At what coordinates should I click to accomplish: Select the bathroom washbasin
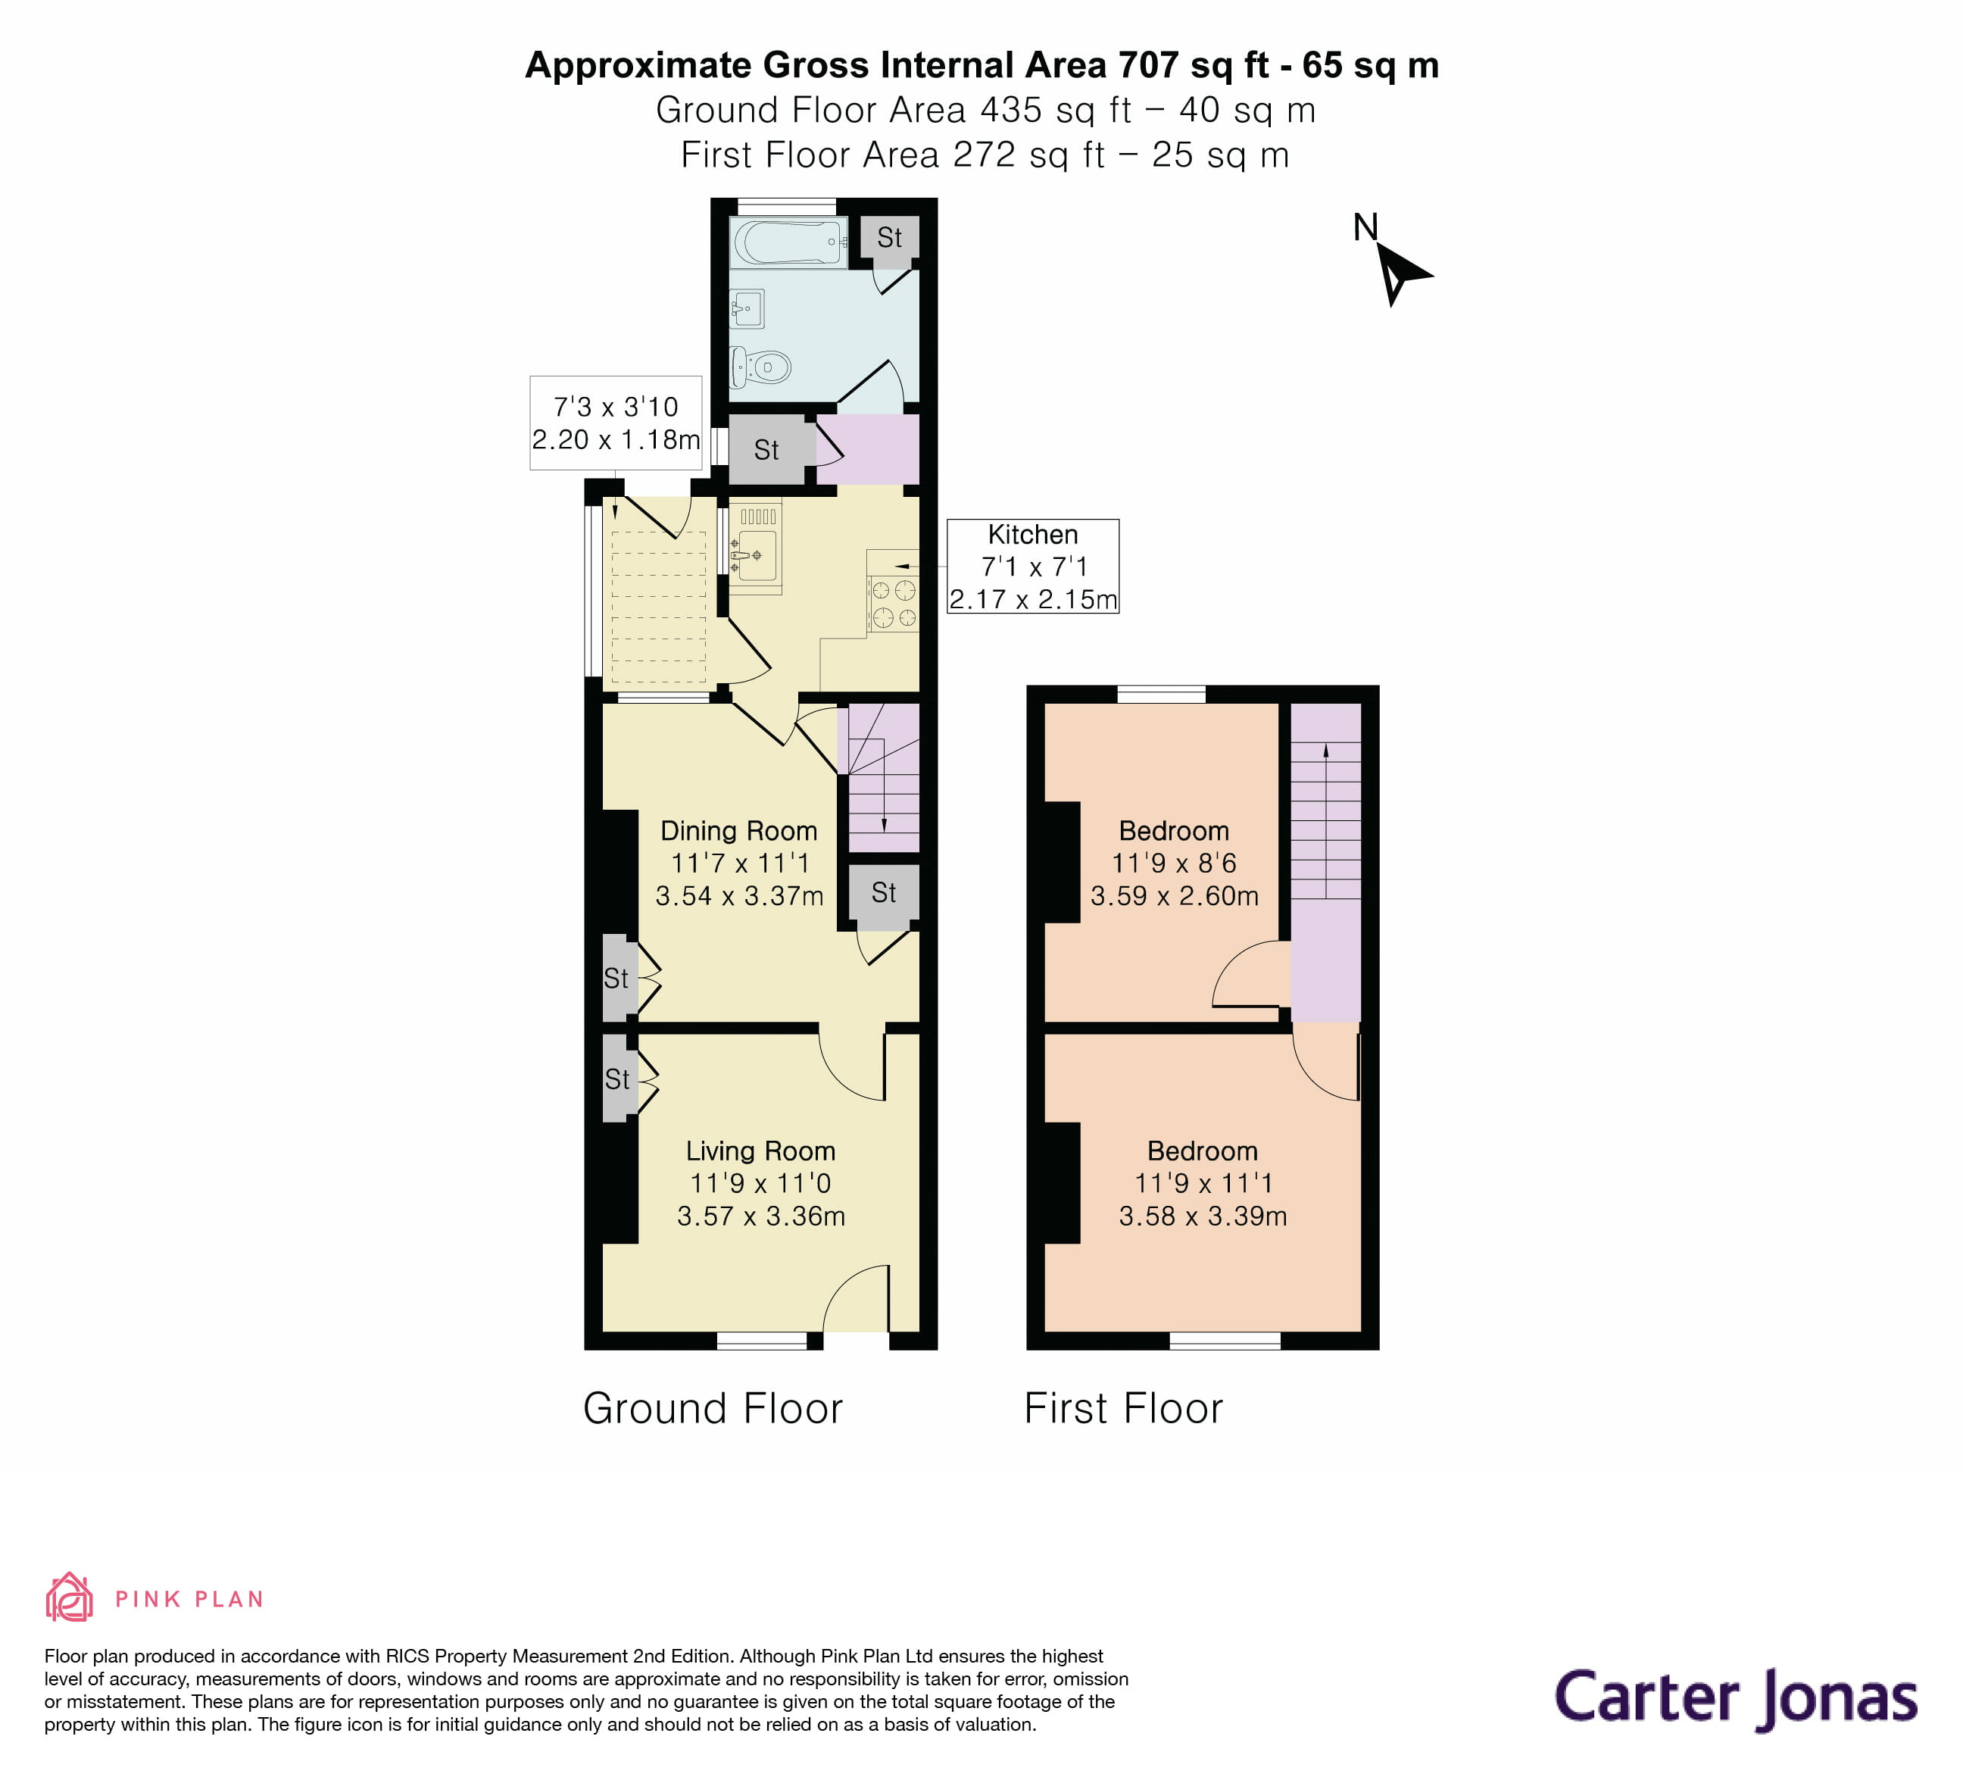pos(747,311)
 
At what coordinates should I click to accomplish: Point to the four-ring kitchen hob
pos(893,604)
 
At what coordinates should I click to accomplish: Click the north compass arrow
pos(1400,273)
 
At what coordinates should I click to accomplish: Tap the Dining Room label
pos(739,831)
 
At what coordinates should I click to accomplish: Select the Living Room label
pos(760,1151)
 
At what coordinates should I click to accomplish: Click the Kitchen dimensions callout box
pos(1032,567)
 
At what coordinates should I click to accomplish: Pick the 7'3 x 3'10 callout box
pos(616,423)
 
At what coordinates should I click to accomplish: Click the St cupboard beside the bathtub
pos(889,238)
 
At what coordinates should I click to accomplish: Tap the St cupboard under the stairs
pos(883,893)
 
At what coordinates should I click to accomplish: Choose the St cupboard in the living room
pos(617,1079)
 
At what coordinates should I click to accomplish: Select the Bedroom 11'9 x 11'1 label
pos(1203,1183)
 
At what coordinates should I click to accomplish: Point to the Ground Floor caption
pos(713,1409)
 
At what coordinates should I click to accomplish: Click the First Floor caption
pos(1122,1409)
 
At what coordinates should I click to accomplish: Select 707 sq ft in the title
pos(1193,65)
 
